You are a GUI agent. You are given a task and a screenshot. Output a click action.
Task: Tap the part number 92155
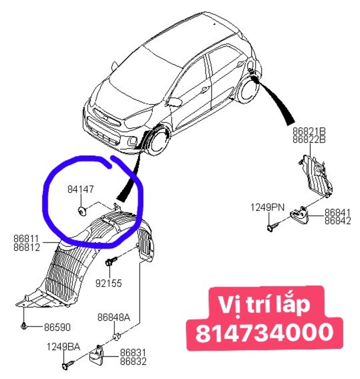click(x=110, y=282)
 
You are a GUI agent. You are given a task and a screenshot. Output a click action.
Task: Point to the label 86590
click(x=54, y=327)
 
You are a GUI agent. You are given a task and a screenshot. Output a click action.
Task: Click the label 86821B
click(x=309, y=131)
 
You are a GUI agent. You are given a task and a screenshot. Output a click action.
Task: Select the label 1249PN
click(x=267, y=207)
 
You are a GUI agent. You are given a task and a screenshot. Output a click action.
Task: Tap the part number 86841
click(x=338, y=212)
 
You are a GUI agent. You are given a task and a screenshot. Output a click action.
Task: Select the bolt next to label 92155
click(x=110, y=262)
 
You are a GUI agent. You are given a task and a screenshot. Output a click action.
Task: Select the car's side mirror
click(x=175, y=101)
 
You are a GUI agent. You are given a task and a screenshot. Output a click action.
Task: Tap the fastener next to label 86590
click(x=24, y=326)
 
